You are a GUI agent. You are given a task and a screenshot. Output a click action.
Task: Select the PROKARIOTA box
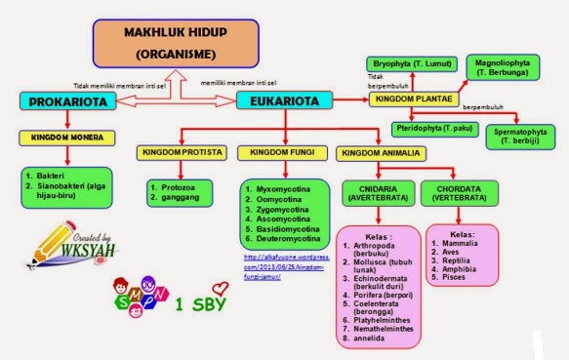(66, 100)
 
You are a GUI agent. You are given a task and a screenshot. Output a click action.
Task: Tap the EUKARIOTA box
(283, 100)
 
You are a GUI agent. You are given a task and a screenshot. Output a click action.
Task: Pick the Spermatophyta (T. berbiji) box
(521, 136)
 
